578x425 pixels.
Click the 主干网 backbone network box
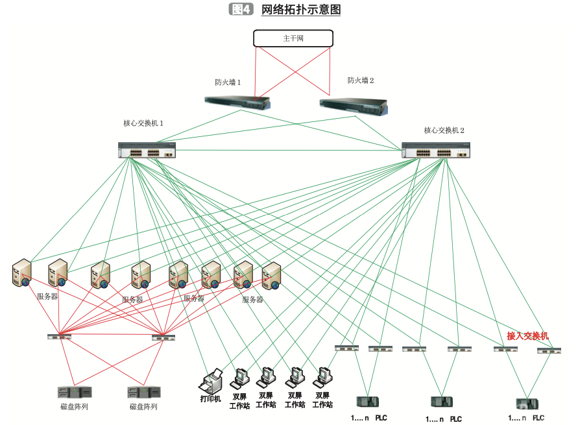pos(293,38)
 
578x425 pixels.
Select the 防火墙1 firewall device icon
pos(237,102)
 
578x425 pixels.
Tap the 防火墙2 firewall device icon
pos(354,106)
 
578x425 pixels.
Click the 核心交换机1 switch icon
pos(147,151)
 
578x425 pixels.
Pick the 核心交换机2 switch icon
pos(435,151)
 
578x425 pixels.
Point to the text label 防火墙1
pos(228,82)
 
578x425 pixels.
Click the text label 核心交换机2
pos(444,130)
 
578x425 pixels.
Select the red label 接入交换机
pos(527,336)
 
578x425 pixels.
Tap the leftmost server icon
pos(22,273)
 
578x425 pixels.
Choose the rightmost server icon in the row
pos(271,276)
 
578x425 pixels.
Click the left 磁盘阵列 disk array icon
pos(74,393)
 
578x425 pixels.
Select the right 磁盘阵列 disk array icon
pos(143,393)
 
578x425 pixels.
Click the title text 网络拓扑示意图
pos(300,10)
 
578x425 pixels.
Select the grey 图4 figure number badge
pos(241,9)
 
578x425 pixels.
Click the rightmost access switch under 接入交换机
pos(549,351)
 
